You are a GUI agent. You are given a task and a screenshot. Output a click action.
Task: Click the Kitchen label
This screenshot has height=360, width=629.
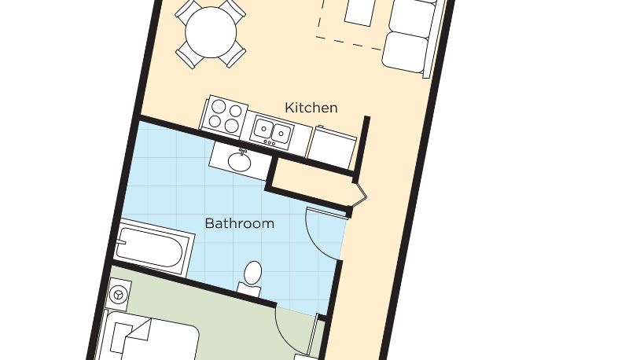click(x=311, y=108)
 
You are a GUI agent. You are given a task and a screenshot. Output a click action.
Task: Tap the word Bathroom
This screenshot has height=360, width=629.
click(x=240, y=223)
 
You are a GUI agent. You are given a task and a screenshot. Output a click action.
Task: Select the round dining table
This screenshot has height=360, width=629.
click(x=211, y=32)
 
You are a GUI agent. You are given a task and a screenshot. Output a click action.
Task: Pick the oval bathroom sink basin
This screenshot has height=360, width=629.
click(x=240, y=162)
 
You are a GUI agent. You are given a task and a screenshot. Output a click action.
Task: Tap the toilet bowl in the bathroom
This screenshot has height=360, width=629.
click(x=252, y=274)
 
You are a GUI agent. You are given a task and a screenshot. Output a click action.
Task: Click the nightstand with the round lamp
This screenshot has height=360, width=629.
click(x=120, y=294)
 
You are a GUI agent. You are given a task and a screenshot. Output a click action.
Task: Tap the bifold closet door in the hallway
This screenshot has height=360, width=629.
click(x=360, y=195)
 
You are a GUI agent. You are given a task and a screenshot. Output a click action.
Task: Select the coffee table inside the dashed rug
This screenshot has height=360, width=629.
click(x=360, y=12)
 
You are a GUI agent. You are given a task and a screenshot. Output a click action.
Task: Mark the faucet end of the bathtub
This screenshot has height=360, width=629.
click(x=120, y=242)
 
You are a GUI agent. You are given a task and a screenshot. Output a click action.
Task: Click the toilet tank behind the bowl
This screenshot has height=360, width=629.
click(x=248, y=288)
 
